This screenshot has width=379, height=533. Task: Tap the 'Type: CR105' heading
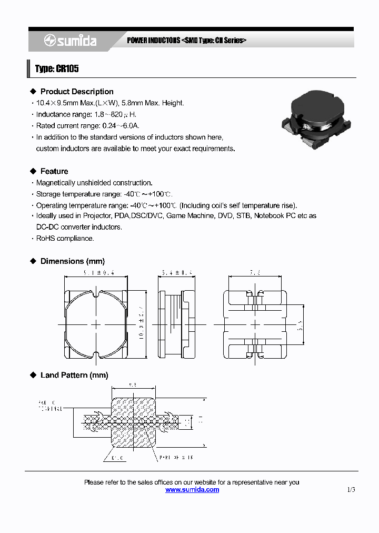(57, 69)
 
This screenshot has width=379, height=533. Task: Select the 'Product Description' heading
(77, 92)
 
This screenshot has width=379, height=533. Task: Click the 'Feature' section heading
(54, 171)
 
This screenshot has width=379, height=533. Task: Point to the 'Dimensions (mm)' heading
(73, 261)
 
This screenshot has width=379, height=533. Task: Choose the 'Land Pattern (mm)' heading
(74, 376)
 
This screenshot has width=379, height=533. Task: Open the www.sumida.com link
(192, 490)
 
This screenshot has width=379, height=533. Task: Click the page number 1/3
(351, 490)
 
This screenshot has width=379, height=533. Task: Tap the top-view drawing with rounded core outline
(96, 325)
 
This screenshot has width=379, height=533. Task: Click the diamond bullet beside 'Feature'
(33, 171)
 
